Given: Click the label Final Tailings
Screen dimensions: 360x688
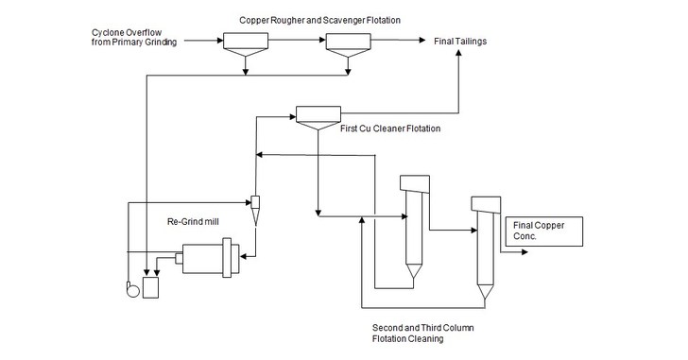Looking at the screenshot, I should point(460,43).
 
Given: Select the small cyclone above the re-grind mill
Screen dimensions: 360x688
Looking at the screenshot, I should point(254,206).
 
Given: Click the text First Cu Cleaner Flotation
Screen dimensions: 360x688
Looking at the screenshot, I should point(389,128).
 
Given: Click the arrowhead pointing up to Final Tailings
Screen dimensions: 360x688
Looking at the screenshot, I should point(459,56).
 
